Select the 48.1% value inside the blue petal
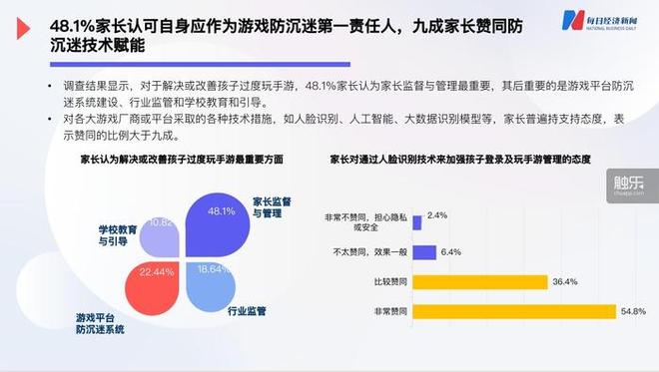(x=221, y=211)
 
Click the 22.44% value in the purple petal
(x=158, y=271)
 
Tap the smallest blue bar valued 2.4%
(x=416, y=214)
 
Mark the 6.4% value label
(x=450, y=251)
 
